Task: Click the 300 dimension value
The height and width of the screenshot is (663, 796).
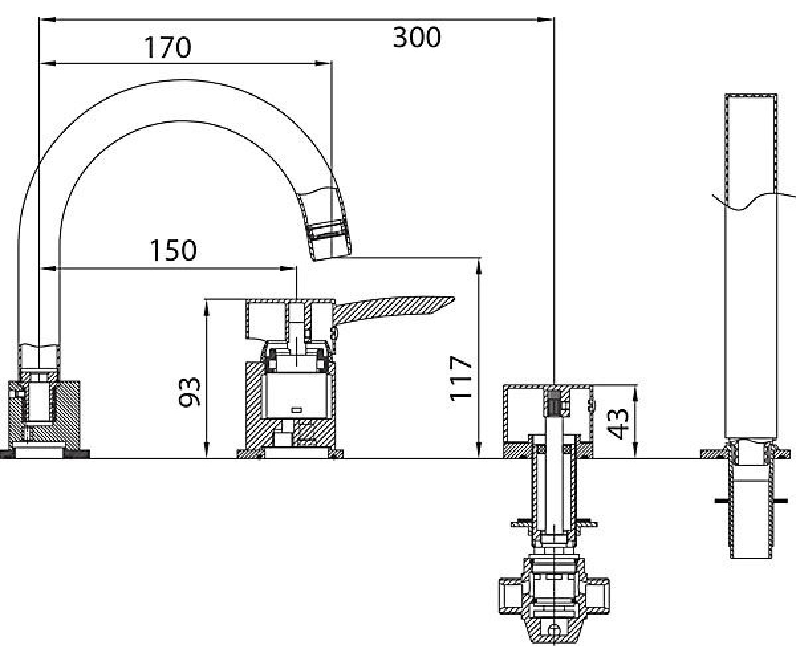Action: click(417, 38)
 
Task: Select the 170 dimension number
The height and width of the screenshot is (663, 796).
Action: click(167, 48)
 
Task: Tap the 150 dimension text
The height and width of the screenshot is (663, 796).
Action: click(173, 251)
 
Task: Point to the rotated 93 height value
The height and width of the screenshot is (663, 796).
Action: click(190, 392)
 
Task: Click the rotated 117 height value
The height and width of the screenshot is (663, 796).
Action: click(461, 379)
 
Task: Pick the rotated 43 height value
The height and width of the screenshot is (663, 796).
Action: click(618, 424)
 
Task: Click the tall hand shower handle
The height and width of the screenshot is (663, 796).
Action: click(751, 266)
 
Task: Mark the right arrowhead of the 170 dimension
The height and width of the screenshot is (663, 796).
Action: click(323, 63)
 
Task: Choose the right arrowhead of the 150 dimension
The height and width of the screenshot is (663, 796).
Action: click(287, 269)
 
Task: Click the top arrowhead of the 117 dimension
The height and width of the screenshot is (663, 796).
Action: click(480, 267)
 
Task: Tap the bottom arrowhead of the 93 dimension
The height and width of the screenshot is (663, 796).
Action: click(206, 449)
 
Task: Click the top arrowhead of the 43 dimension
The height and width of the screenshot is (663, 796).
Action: click(635, 393)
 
